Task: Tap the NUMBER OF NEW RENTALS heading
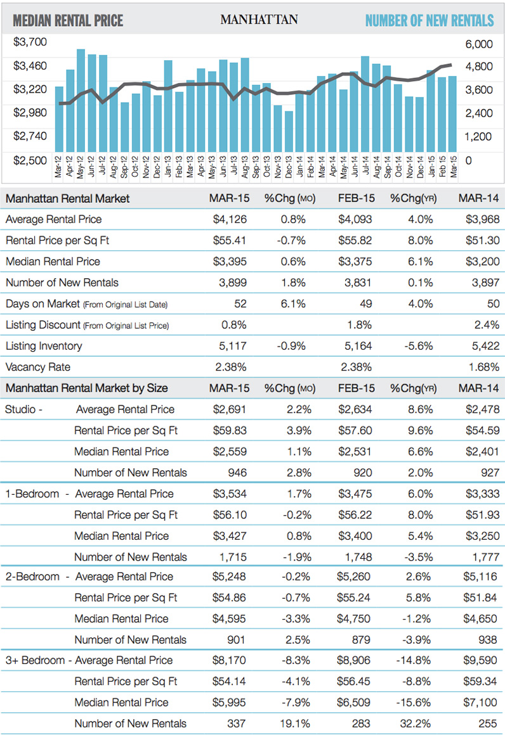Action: [x=429, y=20]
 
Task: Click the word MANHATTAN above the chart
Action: [x=259, y=20]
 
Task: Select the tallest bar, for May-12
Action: [x=81, y=101]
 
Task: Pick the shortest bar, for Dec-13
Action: [x=289, y=132]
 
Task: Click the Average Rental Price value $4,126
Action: [x=227, y=219]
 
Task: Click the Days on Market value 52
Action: [x=239, y=304]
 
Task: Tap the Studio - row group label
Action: [x=23, y=409]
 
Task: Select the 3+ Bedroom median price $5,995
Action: [x=227, y=702]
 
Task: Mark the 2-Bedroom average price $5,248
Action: [x=227, y=577]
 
